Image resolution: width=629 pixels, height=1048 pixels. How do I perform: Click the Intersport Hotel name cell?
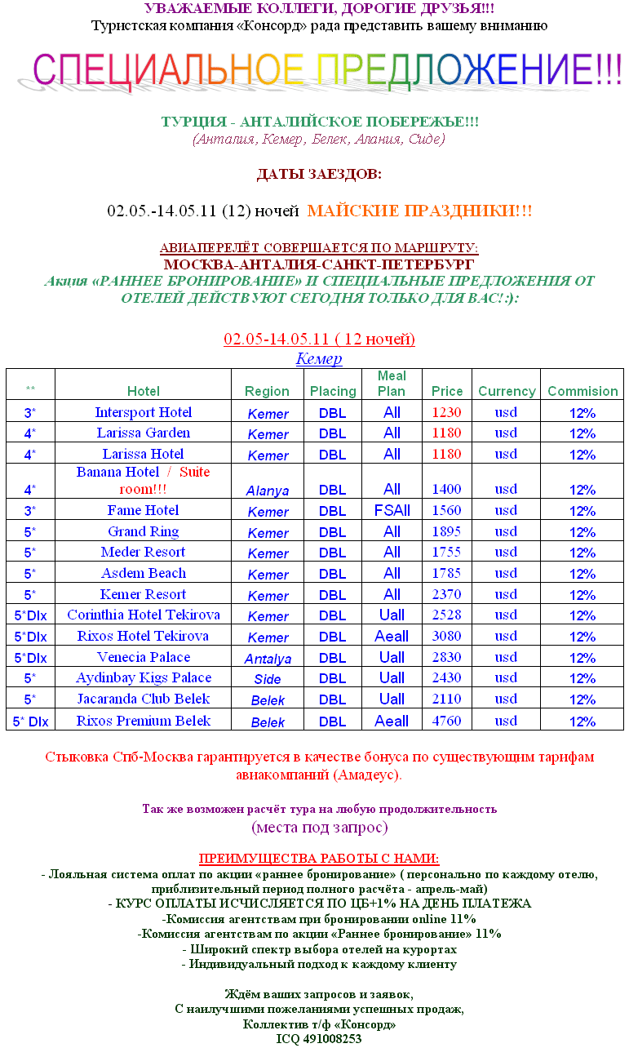tap(143, 412)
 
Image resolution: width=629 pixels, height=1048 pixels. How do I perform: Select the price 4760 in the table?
tap(446, 721)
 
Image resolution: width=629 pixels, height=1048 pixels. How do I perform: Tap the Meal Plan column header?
tap(392, 384)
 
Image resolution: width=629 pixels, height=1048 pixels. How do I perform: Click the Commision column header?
tap(582, 392)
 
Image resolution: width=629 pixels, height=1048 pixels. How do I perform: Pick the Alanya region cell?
tap(268, 491)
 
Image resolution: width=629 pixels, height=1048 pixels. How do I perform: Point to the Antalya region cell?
tap(268, 659)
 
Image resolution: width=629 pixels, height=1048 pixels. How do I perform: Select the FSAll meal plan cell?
tap(392, 511)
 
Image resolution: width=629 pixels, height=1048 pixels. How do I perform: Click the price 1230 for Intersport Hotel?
tap(446, 412)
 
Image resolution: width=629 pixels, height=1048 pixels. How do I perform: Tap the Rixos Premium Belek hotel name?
tap(143, 721)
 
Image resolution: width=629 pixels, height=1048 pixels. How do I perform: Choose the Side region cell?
tap(268, 679)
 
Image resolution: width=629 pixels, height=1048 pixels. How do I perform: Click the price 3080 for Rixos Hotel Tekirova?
tap(446, 636)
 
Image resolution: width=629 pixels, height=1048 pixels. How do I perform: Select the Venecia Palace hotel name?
tap(143, 657)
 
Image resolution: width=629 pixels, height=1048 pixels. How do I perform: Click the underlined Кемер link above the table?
tap(318, 358)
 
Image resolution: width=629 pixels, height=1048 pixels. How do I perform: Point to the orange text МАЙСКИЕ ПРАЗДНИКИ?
tap(419, 211)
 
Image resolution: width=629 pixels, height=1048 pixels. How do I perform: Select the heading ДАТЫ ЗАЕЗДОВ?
tap(319, 175)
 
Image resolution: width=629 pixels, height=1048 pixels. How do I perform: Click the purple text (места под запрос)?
tap(319, 827)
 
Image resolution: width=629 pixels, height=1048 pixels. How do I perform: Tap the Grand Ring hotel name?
tap(143, 531)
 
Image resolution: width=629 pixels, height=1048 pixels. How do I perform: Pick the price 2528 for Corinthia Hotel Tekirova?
tap(446, 615)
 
